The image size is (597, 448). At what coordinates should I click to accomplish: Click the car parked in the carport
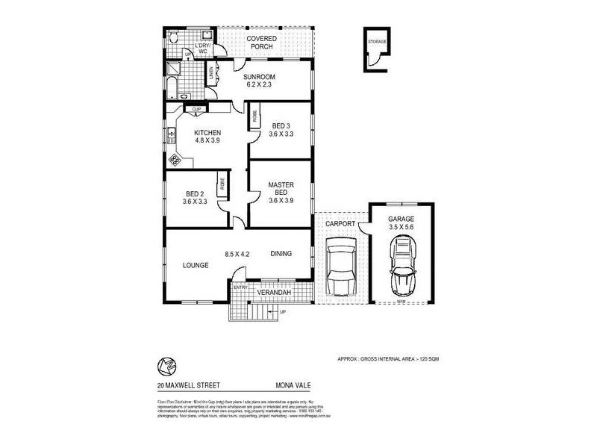340,267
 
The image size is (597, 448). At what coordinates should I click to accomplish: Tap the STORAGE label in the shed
378,42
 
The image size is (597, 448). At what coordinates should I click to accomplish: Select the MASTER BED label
281,190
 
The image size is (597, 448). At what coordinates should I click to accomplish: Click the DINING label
281,253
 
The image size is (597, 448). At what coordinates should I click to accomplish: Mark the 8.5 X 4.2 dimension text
237,254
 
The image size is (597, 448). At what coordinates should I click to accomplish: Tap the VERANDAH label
273,292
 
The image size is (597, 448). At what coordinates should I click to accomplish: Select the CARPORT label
340,222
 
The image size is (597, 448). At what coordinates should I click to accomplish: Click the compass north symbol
164,366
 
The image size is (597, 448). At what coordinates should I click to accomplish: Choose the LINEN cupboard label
211,72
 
